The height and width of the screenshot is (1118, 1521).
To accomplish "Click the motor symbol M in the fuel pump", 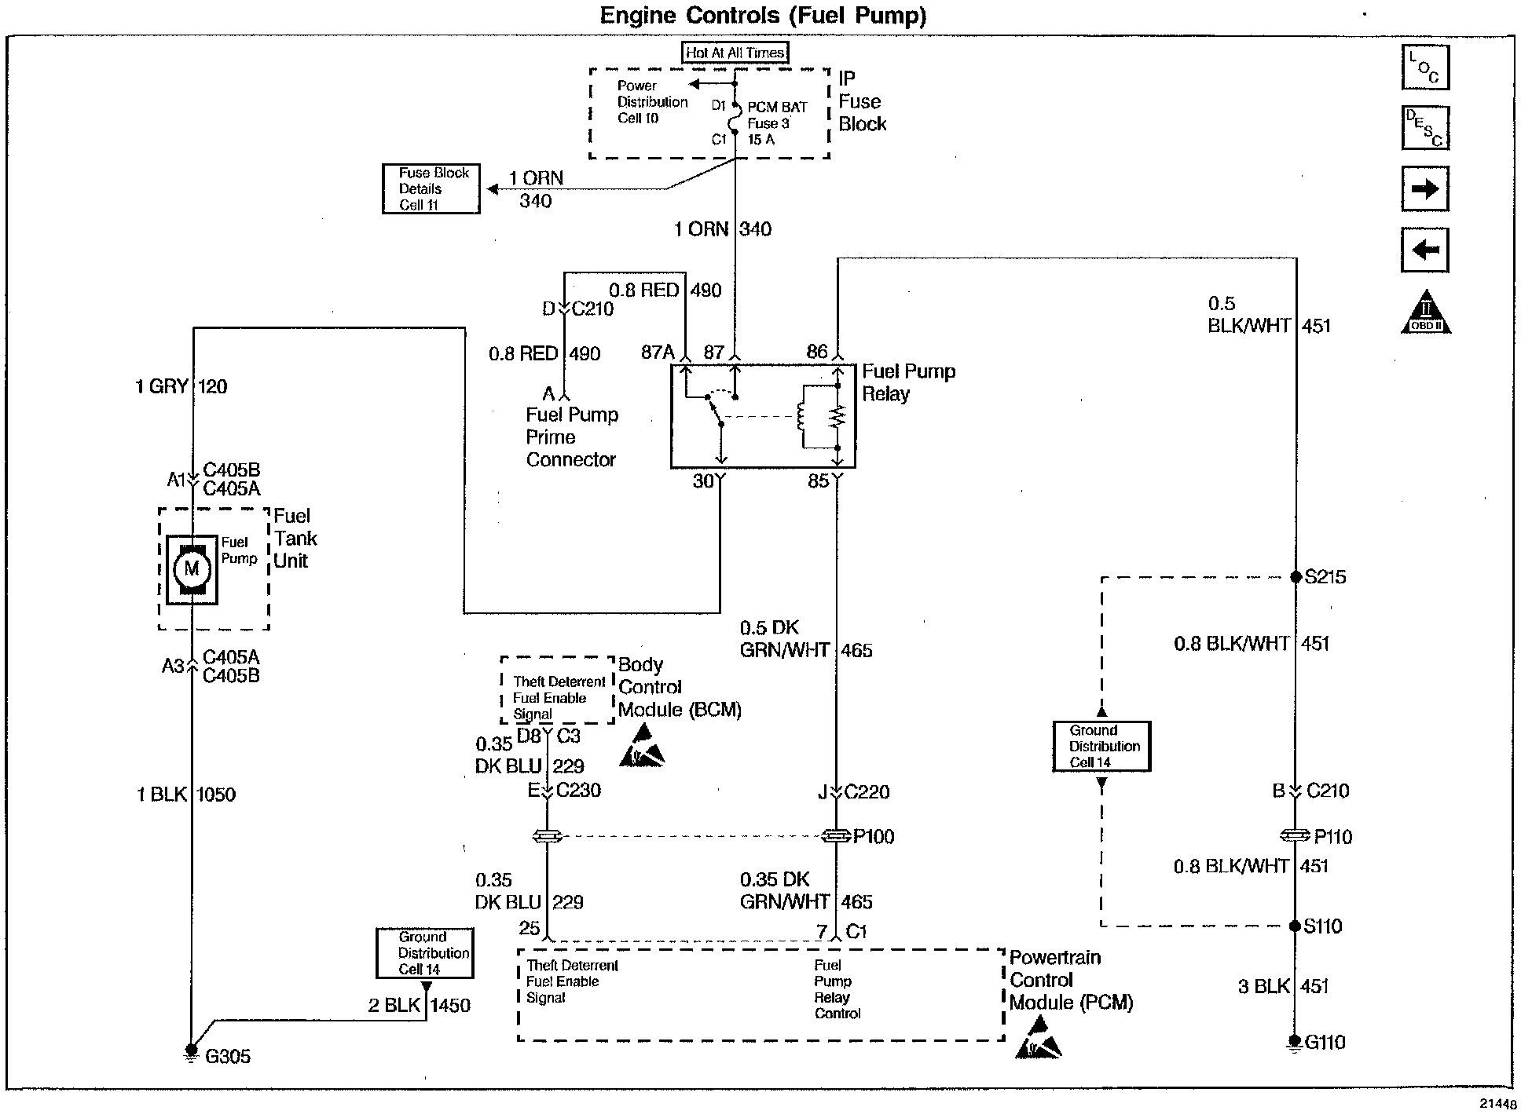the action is tap(192, 569).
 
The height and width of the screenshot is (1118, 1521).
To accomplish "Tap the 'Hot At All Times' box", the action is tap(735, 53).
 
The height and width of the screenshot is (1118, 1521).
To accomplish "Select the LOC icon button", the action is tap(1425, 67).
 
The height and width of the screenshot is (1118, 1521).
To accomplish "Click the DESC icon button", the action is tap(1425, 128).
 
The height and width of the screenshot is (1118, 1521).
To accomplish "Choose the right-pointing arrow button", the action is tap(1425, 188).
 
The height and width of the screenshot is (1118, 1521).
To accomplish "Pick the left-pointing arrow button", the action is tap(1425, 250).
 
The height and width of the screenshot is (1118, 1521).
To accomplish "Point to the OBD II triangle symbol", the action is tap(1426, 312).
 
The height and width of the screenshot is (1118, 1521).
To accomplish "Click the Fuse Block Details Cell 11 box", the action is tap(431, 188).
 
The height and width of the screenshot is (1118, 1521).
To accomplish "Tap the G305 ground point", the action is tap(191, 1050).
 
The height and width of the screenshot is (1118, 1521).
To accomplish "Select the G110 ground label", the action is tap(1325, 1043).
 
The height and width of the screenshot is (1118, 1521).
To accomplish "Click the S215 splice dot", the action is tap(1296, 577).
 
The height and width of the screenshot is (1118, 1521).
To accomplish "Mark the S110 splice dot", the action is tap(1296, 926).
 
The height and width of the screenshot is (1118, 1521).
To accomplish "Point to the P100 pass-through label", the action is tap(874, 837).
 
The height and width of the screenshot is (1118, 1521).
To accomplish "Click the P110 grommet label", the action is tap(1333, 837).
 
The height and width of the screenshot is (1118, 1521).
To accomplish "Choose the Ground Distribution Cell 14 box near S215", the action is tap(1101, 747).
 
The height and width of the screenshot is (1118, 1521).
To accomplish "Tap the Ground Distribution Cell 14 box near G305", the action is tap(424, 953).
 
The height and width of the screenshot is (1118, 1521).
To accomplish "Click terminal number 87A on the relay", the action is tap(658, 353).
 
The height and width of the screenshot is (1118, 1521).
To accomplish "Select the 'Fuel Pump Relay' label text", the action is tap(909, 382).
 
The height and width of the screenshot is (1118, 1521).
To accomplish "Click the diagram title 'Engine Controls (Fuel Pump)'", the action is tap(764, 16).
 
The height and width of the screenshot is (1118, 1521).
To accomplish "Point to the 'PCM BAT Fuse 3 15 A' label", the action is tap(777, 123).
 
